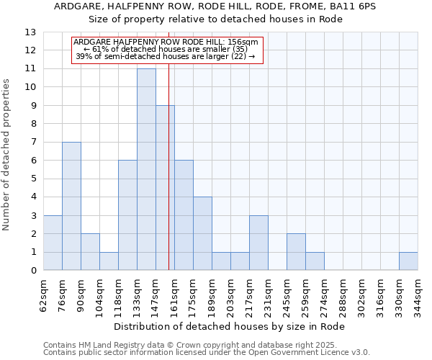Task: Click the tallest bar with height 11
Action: [146, 169]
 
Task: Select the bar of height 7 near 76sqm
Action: [71, 206]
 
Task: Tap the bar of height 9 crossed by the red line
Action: [165, 188]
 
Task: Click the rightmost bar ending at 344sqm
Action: [408, 261]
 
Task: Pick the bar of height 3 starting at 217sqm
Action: [258, 243]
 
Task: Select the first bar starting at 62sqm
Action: [53, 243]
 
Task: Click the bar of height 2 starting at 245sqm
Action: [296, 252]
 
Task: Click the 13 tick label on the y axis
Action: [30, 32]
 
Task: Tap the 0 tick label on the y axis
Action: [33, 271]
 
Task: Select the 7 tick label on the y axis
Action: [33, 143]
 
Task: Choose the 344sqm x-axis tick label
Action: [418, 295]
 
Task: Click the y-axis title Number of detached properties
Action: [7, 155]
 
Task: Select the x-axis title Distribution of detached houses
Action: [230, 327]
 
